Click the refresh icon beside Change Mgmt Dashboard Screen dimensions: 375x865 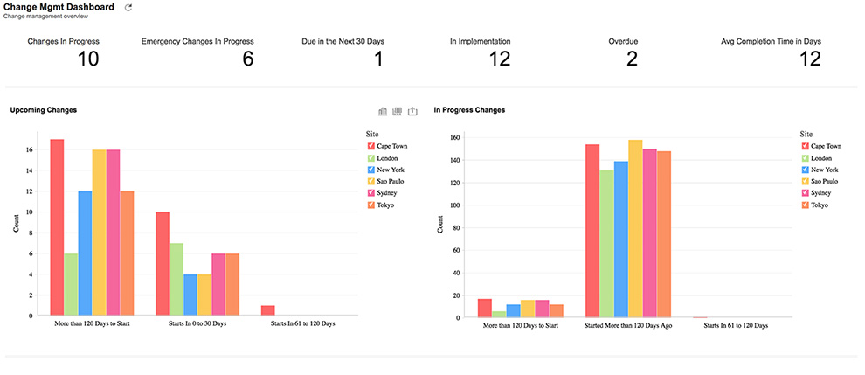129,8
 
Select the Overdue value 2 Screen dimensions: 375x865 631,59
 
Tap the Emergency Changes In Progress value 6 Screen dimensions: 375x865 247,59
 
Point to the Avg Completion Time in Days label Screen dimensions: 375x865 771,41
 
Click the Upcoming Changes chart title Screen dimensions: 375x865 44,110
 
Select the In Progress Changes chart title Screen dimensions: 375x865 469,110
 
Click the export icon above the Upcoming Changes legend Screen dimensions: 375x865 413,111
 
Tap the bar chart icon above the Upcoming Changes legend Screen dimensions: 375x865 383,111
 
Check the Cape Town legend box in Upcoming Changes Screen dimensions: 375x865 371,146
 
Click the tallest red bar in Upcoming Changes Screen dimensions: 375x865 57,226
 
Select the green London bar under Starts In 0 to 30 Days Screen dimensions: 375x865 176,279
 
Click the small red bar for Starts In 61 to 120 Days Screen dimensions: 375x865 267,310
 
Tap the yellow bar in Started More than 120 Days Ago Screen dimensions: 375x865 635,228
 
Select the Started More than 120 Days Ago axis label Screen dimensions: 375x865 627,325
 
